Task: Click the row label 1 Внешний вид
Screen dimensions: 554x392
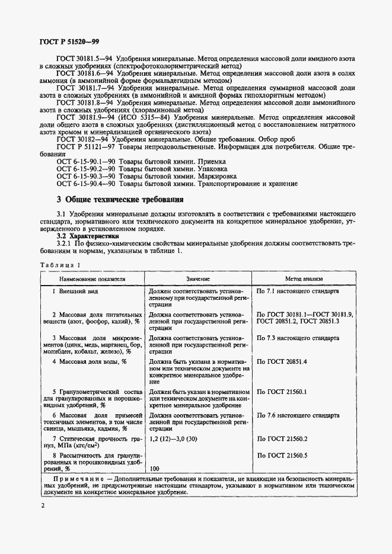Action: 75,292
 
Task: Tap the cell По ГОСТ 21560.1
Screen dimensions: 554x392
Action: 282,392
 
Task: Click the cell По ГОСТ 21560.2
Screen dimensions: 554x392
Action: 282,438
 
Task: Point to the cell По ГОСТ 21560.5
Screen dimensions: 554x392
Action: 282,454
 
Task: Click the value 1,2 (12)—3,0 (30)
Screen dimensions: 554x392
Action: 180,438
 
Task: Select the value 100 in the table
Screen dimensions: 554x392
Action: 155,469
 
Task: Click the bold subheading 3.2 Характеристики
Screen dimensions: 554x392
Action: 84,235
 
